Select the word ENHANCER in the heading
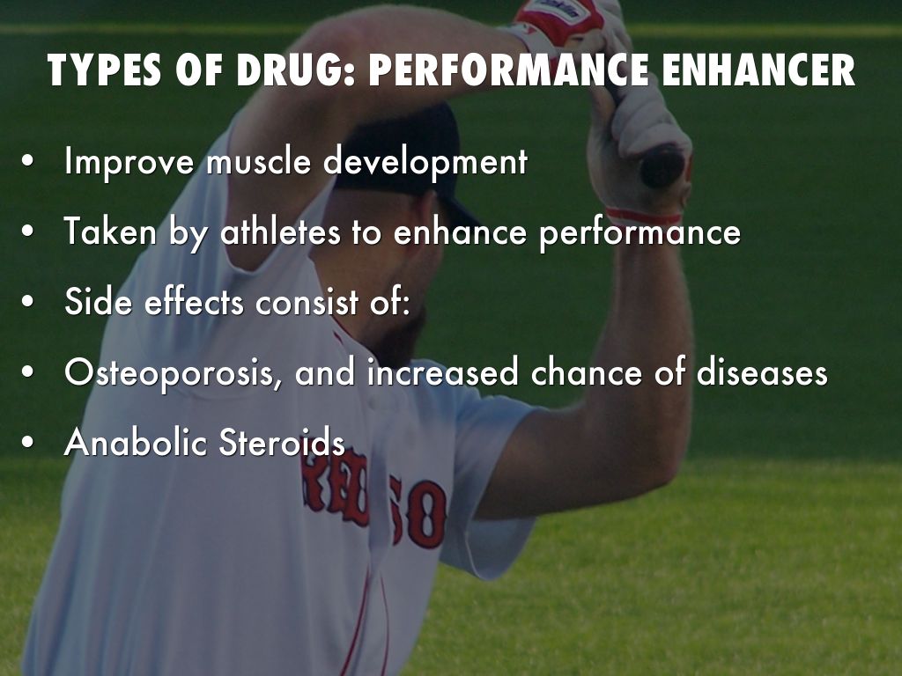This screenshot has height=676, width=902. click(x=758, y=70)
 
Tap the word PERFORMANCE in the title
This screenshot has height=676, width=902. click(x=508, y=70)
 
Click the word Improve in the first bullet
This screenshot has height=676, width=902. click(x=130, y=162)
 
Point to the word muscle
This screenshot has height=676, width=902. click(x=258, y=161)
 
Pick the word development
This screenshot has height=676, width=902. click(x=425, y=162)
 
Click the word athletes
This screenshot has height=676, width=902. click(x=280, y=231)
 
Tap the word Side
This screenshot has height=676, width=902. click(x=99, y=301)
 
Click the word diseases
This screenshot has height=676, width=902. click(x=762, y=371)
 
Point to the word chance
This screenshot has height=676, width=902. click(x=586, y=371)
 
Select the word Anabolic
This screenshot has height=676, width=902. click(x=136, y=442)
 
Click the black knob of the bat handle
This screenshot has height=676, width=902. click(x=663, y=165)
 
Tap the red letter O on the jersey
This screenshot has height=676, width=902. click(x=426, y=514)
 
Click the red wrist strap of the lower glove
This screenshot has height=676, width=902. click(x=644, y=217)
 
